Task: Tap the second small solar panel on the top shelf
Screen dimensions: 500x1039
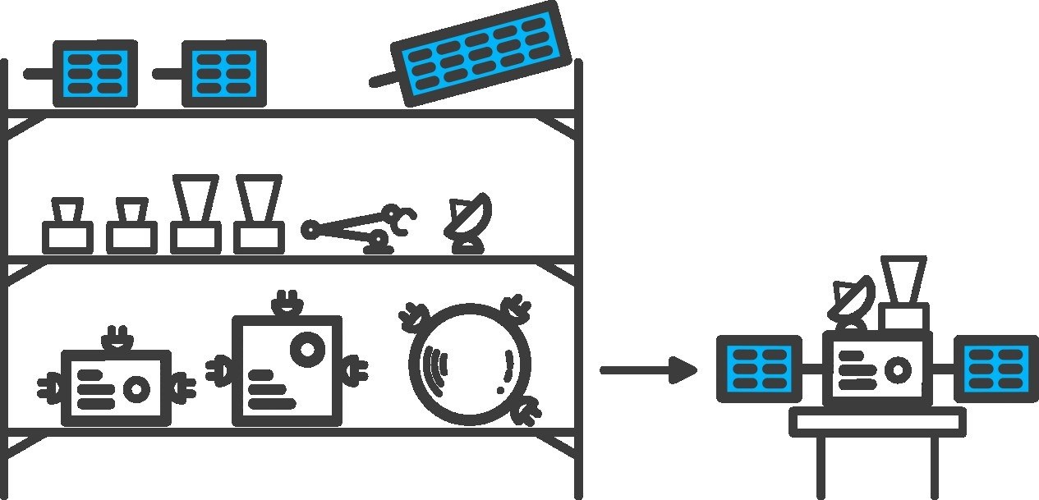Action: tap(223, 74)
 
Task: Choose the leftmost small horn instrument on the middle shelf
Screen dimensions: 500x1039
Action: tap(67, 225)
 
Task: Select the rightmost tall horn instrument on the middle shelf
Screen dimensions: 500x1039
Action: tap(259, 213)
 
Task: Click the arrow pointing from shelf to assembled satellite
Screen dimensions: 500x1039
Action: tap(648, 370)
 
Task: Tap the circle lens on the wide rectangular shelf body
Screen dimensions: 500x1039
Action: tap(135, 388)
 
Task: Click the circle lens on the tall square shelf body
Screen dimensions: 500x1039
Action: tap(308, 349)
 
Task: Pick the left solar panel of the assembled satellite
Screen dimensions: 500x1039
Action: tap(759, 369)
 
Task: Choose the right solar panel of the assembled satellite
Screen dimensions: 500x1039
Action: tap(996, 369)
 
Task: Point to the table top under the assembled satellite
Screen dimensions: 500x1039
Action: tap(877, 422)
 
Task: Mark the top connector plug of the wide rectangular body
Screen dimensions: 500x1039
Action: tap(115, 339)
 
